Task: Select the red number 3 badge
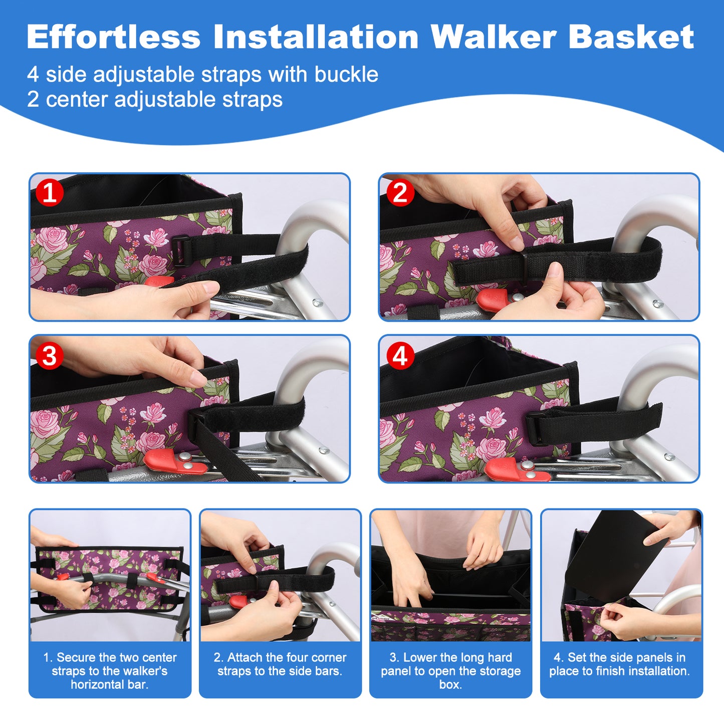[50, 356]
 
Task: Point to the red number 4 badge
[400, 356]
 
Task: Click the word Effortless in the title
[114, 37]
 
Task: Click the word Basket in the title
[631, 37]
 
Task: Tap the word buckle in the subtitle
[346, 74]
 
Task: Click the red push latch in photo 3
[175, 461]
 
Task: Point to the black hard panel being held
[616, 556]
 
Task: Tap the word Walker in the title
[494, 37]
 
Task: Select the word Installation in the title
[316, 37]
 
